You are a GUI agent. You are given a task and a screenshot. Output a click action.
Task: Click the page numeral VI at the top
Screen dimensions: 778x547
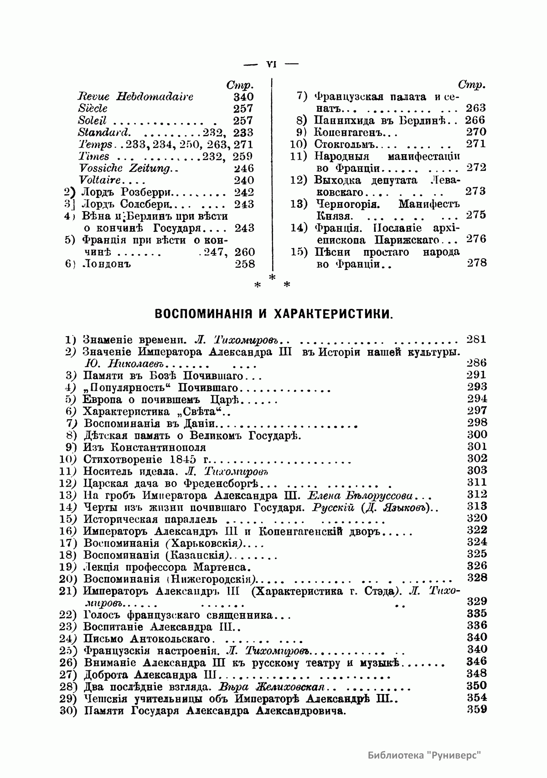tap(271, 64)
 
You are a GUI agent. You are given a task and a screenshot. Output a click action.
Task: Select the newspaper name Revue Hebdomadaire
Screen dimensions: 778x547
tap(135, 97)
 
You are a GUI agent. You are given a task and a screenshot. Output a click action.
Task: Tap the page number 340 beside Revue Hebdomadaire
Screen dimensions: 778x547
tap(243, 97)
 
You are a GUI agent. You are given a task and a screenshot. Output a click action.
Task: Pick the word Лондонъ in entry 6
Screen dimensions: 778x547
tap(105, 264)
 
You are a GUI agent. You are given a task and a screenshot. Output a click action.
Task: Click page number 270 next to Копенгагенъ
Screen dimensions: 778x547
tap(477, 132)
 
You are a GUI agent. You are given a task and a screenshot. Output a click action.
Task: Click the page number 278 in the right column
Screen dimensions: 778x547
tap(477, 263)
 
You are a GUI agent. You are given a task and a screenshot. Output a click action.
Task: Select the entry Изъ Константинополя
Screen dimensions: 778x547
tap(144, 447)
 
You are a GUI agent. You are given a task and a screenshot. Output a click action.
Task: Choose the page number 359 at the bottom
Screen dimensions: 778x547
tap(477, 710)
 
